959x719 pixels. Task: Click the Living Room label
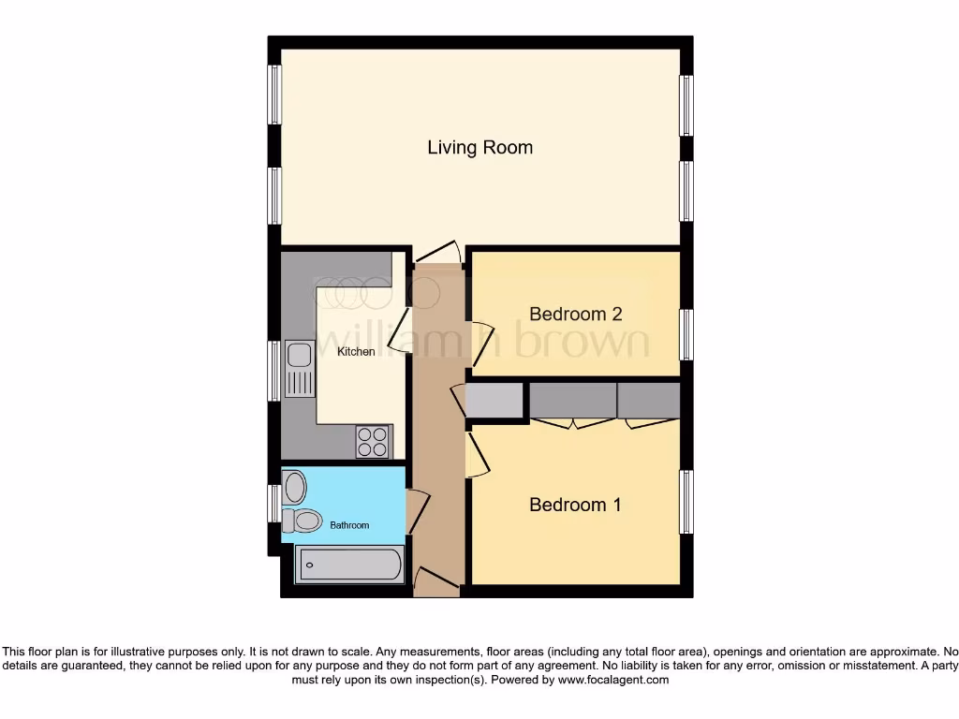(x=479, y=148)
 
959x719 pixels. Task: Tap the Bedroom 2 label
(x=575, y=315)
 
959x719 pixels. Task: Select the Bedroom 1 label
(x=575, y=506)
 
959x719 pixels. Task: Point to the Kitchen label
(x=356, y=352)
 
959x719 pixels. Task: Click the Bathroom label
(x=349, y=525)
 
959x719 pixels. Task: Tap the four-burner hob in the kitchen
(x=373, y=441)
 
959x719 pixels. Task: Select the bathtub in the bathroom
(x=349, y=565)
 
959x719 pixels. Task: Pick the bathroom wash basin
(x=295, y=487)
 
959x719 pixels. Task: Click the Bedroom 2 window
(x=686, y=334)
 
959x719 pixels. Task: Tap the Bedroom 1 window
(x=686, y=502)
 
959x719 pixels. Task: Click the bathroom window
(x=274, y=503)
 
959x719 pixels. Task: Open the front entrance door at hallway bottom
(x=435, y=582)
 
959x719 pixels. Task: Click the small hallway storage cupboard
(x=495, y=401)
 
